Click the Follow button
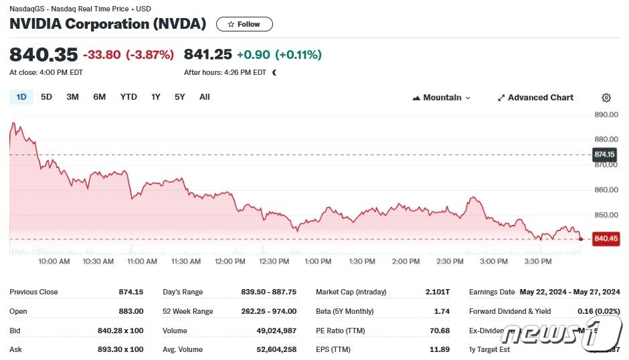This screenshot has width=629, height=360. [x=244, y=24]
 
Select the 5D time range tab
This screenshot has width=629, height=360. [x=46, y=97]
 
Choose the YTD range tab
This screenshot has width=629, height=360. [x=128, y=97]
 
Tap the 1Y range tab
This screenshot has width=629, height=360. [x=156, y=97]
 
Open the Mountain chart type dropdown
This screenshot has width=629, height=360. [x=442, y=98]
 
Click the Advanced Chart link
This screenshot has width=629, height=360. [x=535, y=98]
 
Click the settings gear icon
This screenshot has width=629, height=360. [x=606, y=98]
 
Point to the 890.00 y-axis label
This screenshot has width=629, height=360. [x=605, y=114]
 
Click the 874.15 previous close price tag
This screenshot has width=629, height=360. [x=604, y=155]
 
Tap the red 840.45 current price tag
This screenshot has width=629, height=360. [x=606, y=239]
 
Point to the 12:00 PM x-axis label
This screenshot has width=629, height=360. [x=230, y=262]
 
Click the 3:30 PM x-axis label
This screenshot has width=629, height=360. [x=538, y=262]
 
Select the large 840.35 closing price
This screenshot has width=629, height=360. [x=43, y=55]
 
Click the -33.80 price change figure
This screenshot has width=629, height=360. [x=102, y=55]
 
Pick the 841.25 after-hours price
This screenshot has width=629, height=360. [x=207, y=55]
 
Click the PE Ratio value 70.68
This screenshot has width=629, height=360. [x=439, y=331]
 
